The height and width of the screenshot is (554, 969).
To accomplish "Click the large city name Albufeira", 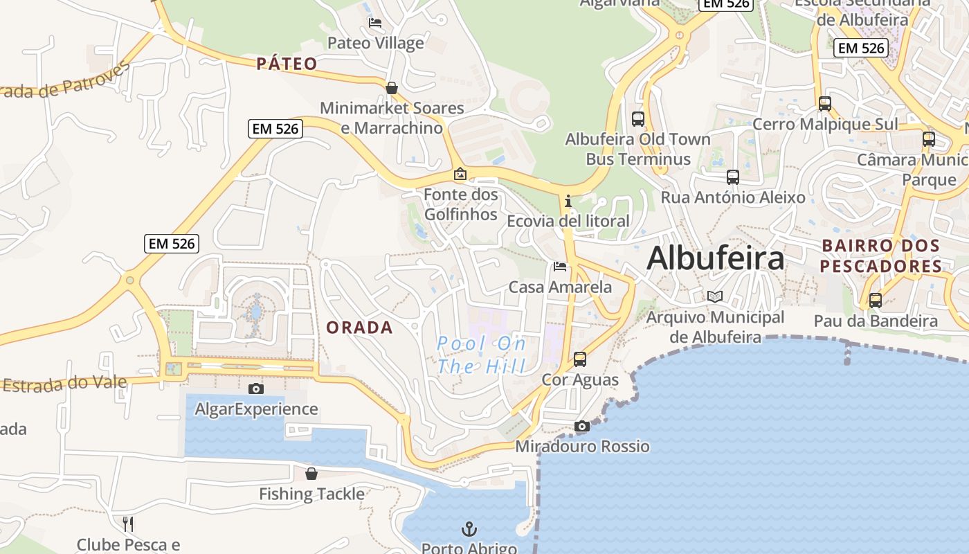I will (x=715, y=258).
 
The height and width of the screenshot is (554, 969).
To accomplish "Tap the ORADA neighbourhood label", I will (x=359, y=328).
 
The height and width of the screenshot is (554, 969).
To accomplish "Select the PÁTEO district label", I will (x=287, y=64).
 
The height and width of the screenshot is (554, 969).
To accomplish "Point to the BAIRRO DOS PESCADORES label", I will (x=880, y=256).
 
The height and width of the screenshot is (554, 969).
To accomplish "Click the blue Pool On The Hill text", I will (x=482, y=355).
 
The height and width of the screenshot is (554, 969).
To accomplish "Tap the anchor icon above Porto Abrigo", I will (x=469, y=530).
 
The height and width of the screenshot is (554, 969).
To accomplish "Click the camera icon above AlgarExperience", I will (x=256, y=389).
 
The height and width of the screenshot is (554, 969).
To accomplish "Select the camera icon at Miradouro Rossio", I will (x=582, y=427).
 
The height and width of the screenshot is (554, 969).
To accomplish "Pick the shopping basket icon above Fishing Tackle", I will (x=311, y=474).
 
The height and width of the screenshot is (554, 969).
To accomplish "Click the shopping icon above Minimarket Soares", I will (x=392, y=88).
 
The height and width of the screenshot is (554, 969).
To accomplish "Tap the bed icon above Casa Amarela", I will (x=560, y=267).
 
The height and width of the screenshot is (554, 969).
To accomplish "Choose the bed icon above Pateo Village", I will (x=375, y=23).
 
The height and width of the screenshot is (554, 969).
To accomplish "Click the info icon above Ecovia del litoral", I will (x=568, y=202).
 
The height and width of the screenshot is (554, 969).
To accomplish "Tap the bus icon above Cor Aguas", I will (x=580, y=359).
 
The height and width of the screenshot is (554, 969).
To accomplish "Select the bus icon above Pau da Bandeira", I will (x=876, y=301).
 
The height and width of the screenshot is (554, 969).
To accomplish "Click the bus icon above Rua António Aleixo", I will (x=733, y=177).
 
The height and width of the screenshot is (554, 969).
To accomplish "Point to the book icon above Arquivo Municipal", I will (x=715, y=297).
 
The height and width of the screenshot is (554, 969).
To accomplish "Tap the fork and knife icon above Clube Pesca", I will (x=128, y=524).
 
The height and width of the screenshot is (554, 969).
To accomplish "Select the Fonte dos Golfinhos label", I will (x=461, y=204).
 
